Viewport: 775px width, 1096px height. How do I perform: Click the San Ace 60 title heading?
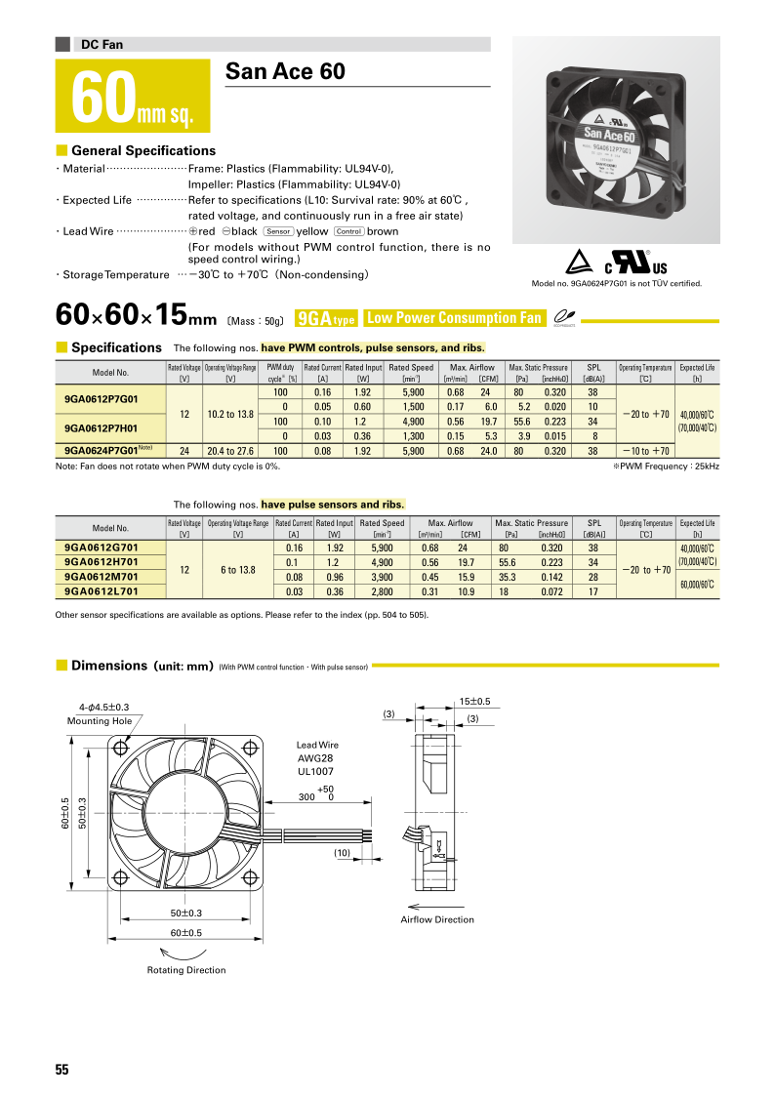285,72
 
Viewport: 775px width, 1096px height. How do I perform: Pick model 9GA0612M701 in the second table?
101,577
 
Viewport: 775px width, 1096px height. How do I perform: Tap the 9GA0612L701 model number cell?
101,590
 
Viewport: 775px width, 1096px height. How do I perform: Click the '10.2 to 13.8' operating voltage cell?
230,414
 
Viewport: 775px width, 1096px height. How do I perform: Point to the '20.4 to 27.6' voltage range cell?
230,451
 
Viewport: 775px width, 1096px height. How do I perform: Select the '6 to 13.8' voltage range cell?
230,570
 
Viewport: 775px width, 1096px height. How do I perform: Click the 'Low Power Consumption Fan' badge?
453,318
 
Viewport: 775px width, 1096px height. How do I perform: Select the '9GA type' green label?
325,318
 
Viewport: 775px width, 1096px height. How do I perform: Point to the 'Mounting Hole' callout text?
100,720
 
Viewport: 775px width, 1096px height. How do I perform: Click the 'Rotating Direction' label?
185,970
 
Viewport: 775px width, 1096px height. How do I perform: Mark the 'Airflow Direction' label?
437,919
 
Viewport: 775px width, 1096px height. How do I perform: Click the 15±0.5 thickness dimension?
473,701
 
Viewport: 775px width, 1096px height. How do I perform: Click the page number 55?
62,1070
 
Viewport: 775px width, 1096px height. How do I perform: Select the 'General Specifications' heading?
143,151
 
